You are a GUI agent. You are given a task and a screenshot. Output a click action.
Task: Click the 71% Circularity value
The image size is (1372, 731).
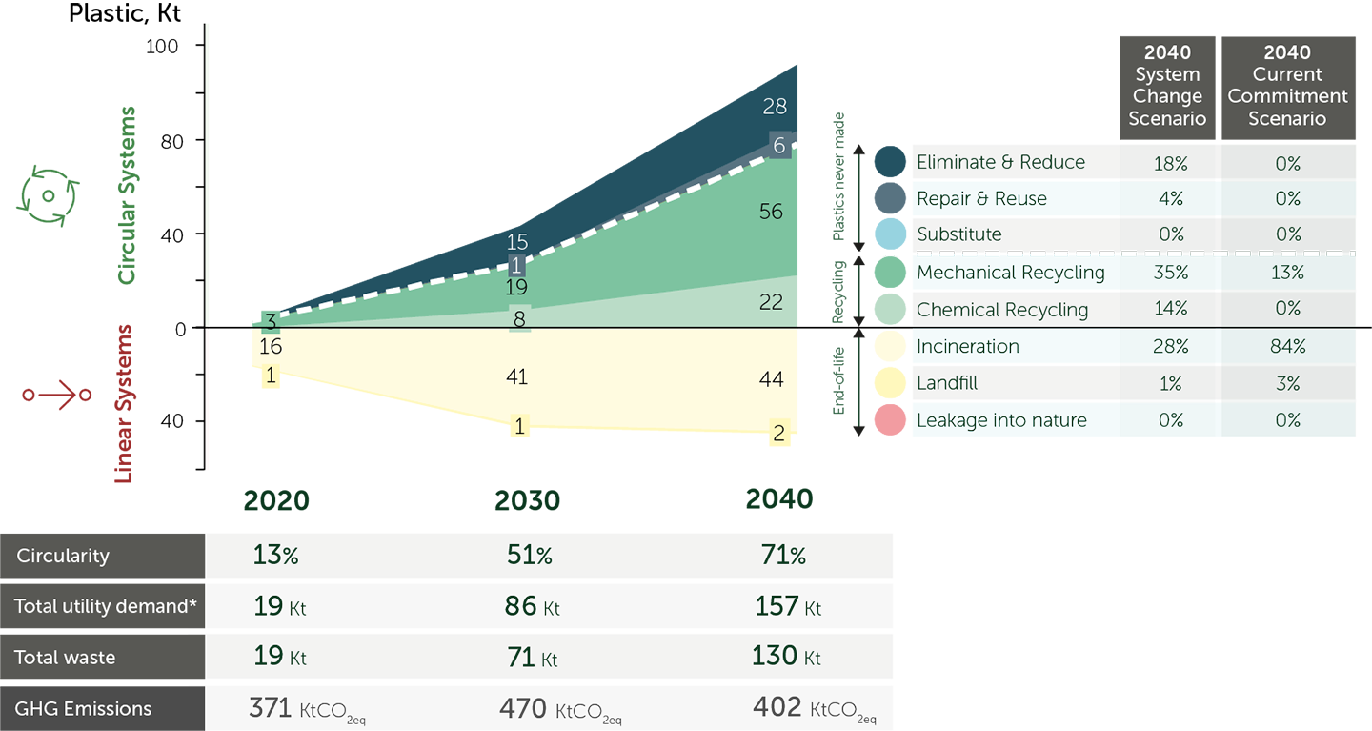click(x=783, y=556)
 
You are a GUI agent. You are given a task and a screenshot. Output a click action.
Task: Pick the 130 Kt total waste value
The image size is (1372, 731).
click(x=786, y=657)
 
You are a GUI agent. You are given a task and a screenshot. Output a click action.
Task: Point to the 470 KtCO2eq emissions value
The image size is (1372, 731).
click(x=560, y=710)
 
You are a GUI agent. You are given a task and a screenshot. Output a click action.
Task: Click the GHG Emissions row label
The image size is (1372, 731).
click(x=83, y=708)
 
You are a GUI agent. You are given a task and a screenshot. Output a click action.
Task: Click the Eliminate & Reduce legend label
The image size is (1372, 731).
click(x=1000, y=162)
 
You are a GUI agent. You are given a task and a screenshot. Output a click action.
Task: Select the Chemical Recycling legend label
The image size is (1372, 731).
click(x=1002, y=310)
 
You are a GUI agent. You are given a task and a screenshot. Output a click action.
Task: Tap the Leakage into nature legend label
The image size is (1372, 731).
click(x=1001, y=420)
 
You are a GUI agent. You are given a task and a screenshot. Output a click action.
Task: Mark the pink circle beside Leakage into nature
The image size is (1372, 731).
click(x=887, y=420)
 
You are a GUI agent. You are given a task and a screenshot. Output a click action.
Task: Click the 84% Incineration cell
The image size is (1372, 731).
click(x=1287, y=347)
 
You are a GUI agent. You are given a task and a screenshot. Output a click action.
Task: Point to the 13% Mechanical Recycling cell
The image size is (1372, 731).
click(x=1287, y=273)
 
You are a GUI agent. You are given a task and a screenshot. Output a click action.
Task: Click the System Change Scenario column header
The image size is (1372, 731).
click(x=1167, y=86)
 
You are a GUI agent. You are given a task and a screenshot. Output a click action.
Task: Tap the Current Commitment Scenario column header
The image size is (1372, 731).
click(x=1287, y=86)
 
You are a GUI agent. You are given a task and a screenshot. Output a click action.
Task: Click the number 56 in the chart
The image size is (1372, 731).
click(x=771, y=212)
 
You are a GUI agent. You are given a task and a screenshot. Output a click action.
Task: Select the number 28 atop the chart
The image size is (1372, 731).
click(x=775, y=107)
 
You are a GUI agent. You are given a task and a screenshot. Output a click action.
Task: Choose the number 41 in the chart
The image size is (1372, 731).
click(x=516, y=377)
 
